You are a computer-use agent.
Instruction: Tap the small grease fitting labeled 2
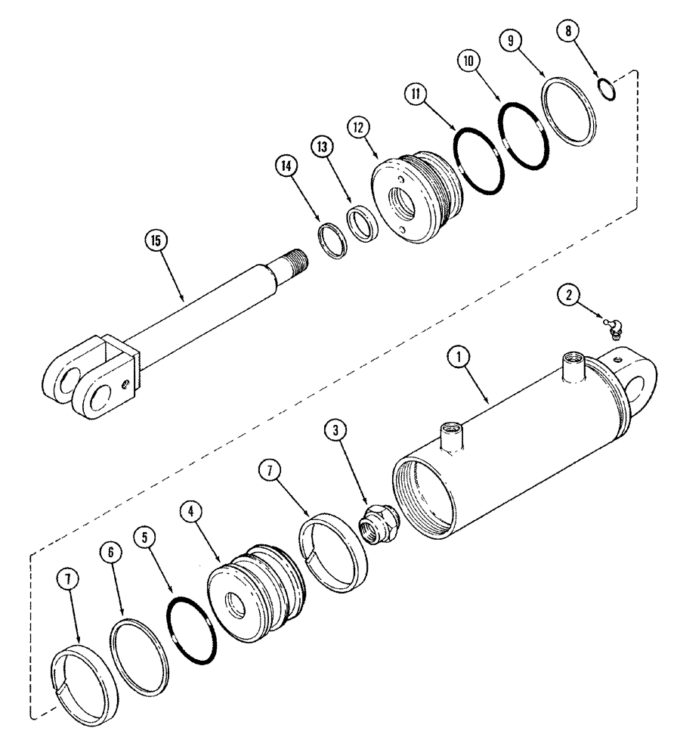(610, 325)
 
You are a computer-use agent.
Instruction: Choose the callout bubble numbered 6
(110, 553)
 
